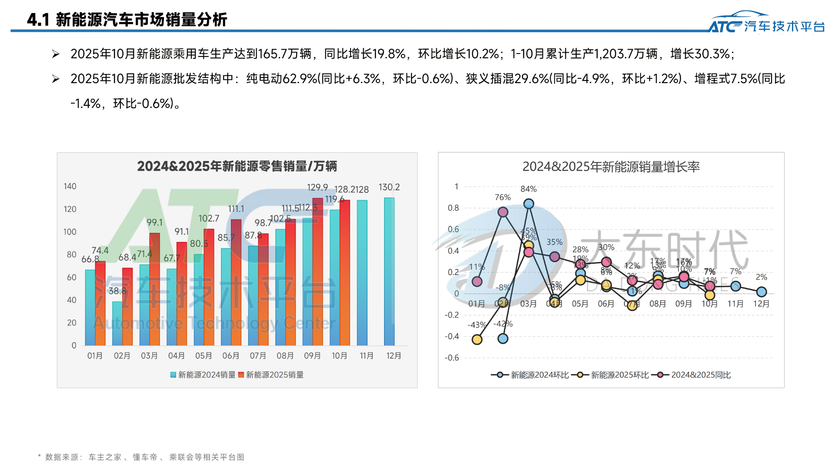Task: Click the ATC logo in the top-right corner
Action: (766, 23)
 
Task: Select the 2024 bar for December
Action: (389, 272)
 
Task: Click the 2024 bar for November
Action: (362, 273)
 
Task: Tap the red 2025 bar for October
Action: (345, 273)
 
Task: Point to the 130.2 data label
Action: (389, 187)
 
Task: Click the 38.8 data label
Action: (117, 291)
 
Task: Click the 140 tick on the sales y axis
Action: (70, 186)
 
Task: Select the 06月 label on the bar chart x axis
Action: (230, 356)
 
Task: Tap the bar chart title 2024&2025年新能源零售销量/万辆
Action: (237, 166)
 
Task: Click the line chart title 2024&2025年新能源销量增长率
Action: (611, 167)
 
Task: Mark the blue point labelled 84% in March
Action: (528, 204)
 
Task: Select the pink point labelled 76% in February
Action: (503, 212)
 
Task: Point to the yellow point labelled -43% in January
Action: (477, 339)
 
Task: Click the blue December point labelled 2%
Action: (761, 292)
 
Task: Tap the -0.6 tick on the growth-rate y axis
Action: (451, 358)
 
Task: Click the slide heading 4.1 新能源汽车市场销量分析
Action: (127, 20)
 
